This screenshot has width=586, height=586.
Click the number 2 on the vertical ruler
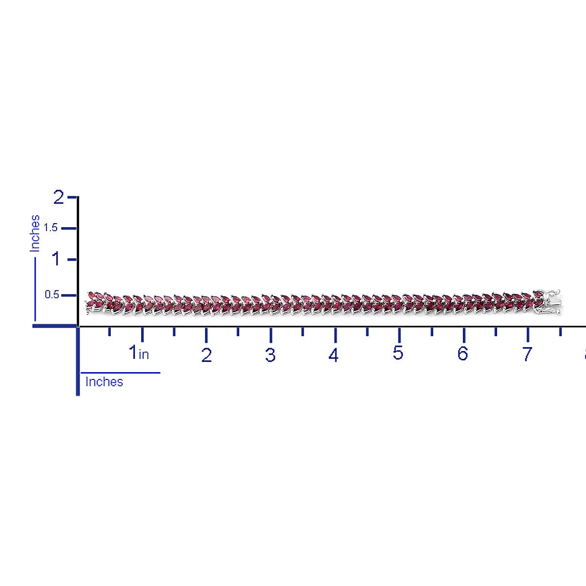tap(59, 198)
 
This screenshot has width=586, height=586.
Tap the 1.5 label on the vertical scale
tap(51, 228)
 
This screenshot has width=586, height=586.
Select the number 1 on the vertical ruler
tap(57, 259)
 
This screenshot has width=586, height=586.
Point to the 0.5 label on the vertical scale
tap(52, 295)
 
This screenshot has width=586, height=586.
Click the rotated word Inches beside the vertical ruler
tap(35, 233)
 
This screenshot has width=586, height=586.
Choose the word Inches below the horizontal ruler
tap(104, 381)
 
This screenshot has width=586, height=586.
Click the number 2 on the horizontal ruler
tap(207, 355)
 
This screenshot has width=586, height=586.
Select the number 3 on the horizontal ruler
tap(270, 355)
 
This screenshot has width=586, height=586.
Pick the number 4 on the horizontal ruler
tap(334, 355)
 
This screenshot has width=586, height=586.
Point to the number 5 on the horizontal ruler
tap(398, 353)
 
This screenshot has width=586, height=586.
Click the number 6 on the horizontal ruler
tap(462, 353)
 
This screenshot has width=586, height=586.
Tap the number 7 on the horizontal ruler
tap(526, 354)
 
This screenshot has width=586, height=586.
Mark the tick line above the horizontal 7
tap(528, 335)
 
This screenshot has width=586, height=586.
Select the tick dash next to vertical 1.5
tap(69, 228)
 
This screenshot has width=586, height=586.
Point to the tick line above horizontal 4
tap(335, 335)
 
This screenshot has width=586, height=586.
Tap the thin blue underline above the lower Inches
tap(120, 373)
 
